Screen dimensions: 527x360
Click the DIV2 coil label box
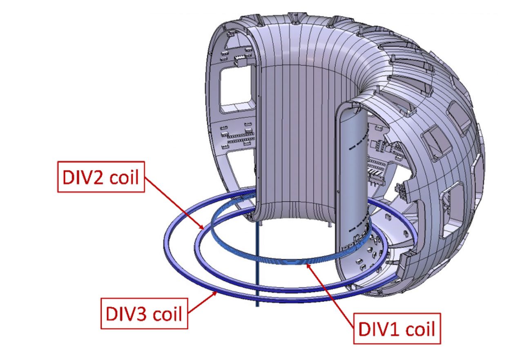101,177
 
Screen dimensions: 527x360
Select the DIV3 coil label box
144,313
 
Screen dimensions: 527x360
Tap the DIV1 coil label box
397,329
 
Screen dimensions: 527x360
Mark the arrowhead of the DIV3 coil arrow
214,293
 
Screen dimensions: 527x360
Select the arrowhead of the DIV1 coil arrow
308,266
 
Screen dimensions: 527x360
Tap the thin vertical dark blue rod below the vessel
257,264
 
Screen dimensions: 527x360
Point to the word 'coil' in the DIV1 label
420,329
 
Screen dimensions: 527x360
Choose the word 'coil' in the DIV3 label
167,314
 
